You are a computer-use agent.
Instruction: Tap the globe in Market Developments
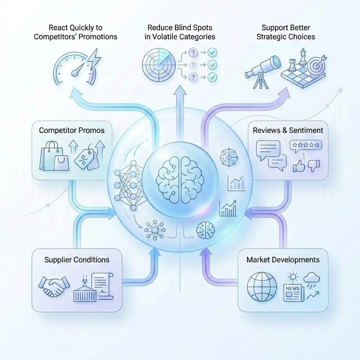(262, 286)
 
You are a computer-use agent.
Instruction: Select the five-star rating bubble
(306, 144)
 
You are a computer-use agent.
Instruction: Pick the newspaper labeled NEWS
(294, 293)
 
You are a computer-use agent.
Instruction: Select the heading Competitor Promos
(72, 130)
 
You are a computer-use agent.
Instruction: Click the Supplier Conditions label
(77, 260)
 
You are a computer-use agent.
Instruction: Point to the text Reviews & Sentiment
(288, 130)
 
